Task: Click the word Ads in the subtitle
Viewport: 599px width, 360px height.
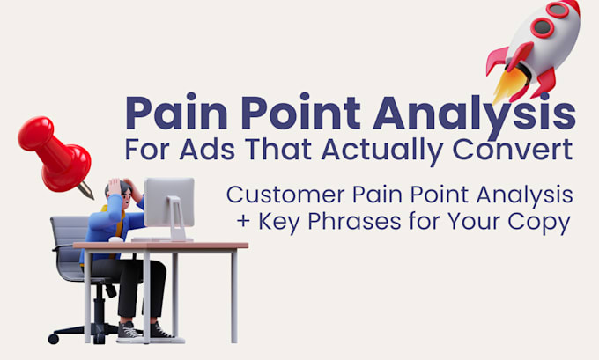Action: [207, 149]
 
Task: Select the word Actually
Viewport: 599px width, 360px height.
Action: [382, 151]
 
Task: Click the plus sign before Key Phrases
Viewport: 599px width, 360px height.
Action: [243, 222]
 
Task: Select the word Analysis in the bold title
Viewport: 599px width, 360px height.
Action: [474, 114]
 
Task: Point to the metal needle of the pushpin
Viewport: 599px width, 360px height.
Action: [85, 190]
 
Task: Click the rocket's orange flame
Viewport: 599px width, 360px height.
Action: [509, 84]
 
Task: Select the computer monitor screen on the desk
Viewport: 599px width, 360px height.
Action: [169, 202]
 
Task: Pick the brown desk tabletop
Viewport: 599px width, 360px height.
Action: [161, 246]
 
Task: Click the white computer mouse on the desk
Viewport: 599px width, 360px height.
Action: [116, 239]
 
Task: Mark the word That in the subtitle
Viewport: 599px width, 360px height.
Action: [277, 149]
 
